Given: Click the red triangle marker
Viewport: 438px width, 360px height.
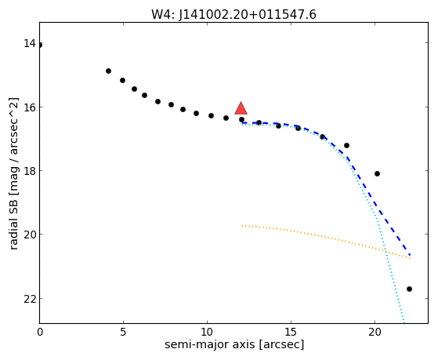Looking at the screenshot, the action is pos(241,108).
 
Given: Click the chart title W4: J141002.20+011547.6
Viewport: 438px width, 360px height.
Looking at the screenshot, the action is pos(233,14).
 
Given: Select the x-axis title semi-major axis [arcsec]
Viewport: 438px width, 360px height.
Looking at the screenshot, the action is pos(234,344).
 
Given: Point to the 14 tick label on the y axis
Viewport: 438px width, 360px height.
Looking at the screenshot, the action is pos(29,43).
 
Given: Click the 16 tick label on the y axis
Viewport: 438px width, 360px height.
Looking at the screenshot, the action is pos(29,107).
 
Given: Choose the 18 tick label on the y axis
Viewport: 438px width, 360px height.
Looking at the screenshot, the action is pos(29,171).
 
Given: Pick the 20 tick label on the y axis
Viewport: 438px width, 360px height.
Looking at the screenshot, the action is pos(29,235).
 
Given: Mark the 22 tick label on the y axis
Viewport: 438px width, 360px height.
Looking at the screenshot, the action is pos(29,299).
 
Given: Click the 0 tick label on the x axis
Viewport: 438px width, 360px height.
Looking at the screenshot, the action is pos(40,332).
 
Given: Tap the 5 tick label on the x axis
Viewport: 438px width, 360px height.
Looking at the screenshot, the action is pos(123,332).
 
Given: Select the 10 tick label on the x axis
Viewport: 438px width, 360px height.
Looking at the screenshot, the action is pos(207,332).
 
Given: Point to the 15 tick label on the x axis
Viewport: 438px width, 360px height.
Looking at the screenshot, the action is pos(291,332).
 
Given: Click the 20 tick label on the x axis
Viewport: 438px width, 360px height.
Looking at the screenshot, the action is pos(375,332).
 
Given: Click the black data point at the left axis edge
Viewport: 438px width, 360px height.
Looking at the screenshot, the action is pos(40,45).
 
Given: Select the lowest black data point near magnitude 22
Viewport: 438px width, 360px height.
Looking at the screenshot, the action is pos(409,289).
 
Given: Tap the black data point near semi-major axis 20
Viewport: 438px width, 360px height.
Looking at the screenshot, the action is pos(377,173).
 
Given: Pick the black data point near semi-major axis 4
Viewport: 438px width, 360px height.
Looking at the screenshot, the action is pos(108,71).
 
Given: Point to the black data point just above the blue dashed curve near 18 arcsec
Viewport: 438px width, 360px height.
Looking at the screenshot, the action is pos(346,145).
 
